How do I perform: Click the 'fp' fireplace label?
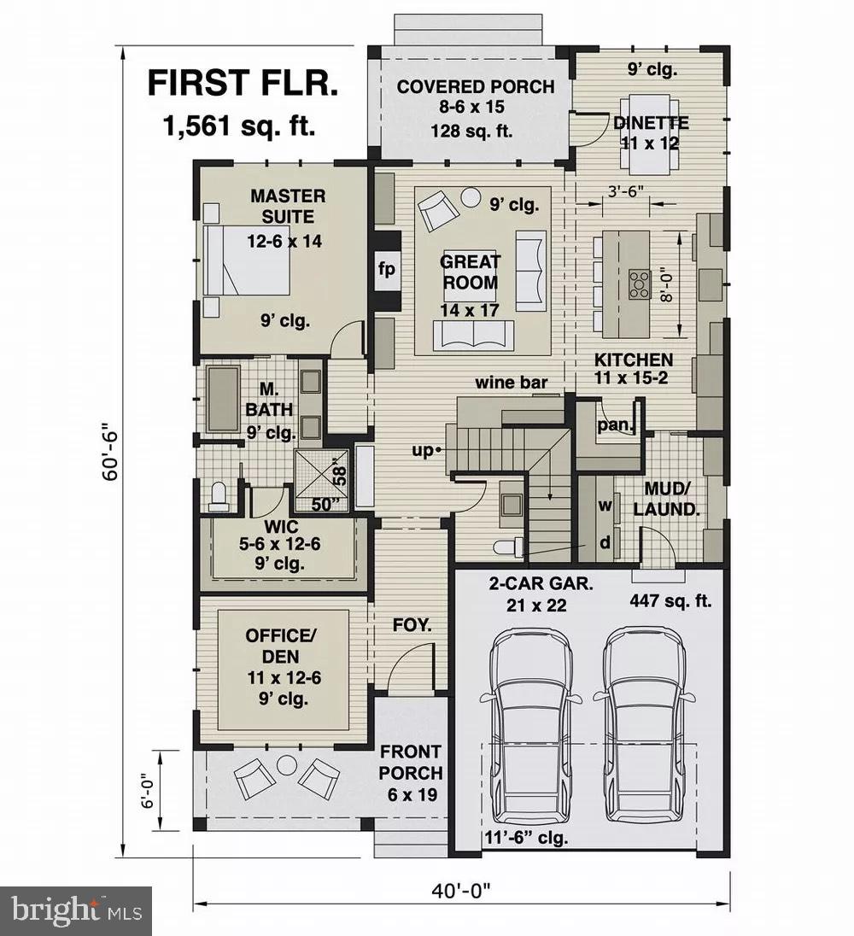(x=387, y=270)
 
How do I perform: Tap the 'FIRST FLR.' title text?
(x=243, y=85)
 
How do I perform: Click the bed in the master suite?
(x=247, y=260)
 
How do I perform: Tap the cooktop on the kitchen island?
(x=639, y=283)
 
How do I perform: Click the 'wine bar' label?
(x=512, y=382)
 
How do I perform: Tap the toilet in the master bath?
(x=219, y=496)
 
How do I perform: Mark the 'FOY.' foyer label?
(x=412, y=626)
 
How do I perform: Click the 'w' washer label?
(x=605, y=506)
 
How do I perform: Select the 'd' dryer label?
(x=605, y=543)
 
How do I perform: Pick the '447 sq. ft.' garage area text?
(x=670, y=600)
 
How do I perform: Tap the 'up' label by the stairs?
(x=424, y=450)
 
